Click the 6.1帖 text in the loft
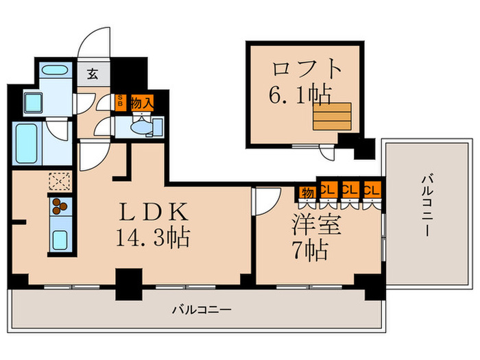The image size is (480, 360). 297,95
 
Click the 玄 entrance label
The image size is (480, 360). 92,74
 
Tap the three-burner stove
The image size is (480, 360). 58,206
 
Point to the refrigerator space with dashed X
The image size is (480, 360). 58,181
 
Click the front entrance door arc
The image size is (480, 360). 94,45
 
